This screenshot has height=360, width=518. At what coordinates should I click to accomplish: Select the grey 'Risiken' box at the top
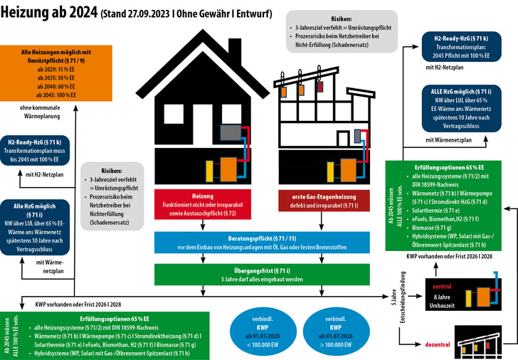click(342, 31)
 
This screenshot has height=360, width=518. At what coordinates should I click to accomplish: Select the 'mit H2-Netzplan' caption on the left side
click(45, 174)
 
